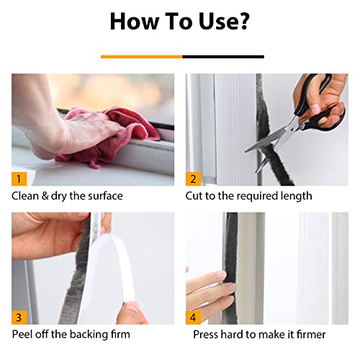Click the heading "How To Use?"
point(181,22)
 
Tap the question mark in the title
point(243,22)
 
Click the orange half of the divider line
point(141,56)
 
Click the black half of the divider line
point(223,56)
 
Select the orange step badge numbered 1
point(19,177)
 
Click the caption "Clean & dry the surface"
point(67,196)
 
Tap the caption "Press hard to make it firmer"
point(259,334)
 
